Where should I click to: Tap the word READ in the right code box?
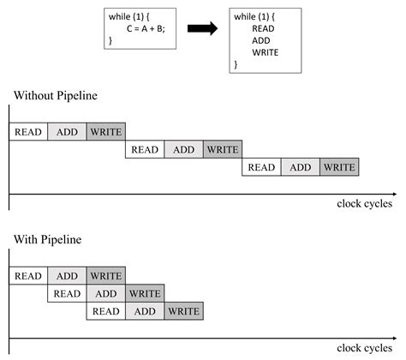click(263, 28)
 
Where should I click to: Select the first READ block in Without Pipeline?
click(27, 131)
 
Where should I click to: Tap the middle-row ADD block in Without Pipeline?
click(183, 149)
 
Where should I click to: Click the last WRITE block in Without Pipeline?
click(339, 167)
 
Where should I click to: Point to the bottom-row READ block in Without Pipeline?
click(261, 167)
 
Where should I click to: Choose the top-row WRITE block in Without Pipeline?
click(105, 131)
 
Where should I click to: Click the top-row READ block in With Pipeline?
click(27, 276)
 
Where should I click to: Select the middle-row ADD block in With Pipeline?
click(105, 294)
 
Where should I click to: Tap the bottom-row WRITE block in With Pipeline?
click(183, 311)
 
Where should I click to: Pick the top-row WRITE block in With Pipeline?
click(105, 276)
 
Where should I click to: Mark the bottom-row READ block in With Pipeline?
click(105, 311)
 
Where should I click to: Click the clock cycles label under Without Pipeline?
click(364, 204)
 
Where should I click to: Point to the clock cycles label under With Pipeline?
click(364, 348)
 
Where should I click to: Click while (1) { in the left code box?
click(131, 16)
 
